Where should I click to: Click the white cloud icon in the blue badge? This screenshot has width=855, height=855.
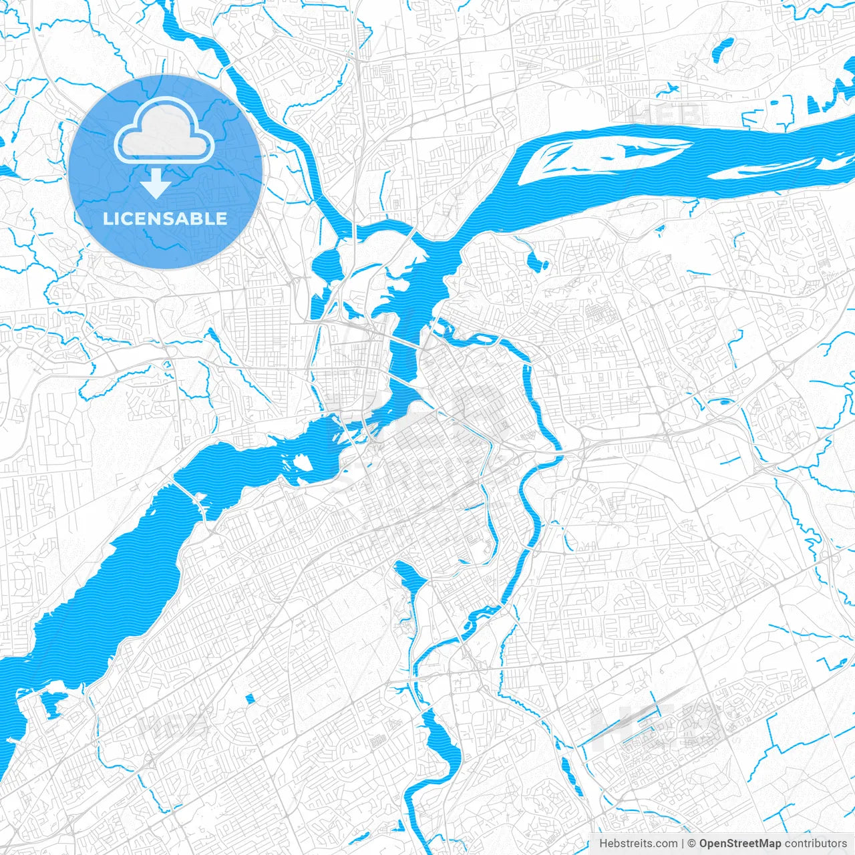[x=164, y=133]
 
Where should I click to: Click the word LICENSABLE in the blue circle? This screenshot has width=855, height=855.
[x=165, y=218]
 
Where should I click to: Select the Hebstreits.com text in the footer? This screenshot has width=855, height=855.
[x=638, y=844]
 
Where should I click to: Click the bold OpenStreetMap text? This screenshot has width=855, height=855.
[x=739, y=844]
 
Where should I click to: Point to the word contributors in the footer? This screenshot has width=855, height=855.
[x=816, y=844]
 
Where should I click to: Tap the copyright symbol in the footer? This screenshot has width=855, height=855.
[x=692, y=844]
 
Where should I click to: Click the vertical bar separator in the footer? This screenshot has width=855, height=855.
[x=683, y=844]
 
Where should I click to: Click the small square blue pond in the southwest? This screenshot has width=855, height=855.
[x=250, y=699]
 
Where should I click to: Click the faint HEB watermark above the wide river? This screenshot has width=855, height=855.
[x=665, y=114]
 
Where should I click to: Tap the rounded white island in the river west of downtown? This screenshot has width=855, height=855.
[x=302, y=462]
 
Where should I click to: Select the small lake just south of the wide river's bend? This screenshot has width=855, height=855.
[x=537, y=261]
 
